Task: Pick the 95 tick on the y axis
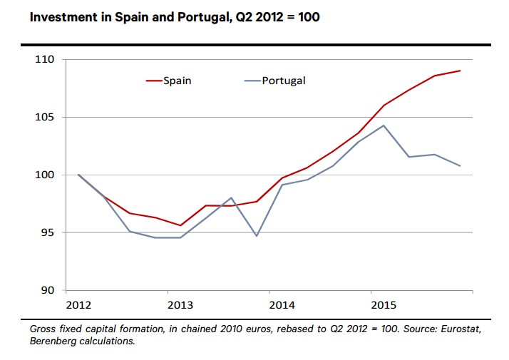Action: pyautogui.click(x=47, y=232)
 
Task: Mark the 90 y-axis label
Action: pyautogui.click(x=47, y=290)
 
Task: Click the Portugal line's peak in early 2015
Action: pyautogui.click(x=384, y=125)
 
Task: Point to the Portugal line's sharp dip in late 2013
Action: pyautogui.click(x=256, y=235)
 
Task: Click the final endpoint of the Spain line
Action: pyautogui.click(x=461, y=71)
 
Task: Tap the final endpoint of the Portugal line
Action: pyautogui.click(x=461, y=166)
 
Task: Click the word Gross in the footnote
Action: pyautogui.click(x=44, y=329)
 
